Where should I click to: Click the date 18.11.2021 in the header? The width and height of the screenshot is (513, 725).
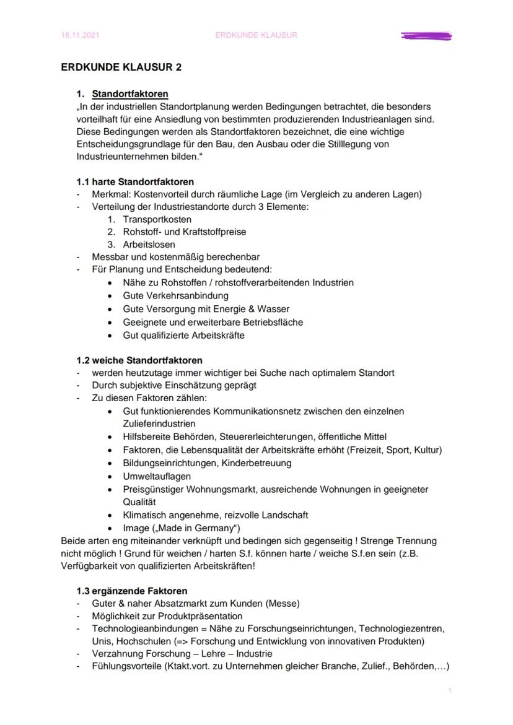[x=80, y=35]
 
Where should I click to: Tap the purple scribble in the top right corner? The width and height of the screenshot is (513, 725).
[x=426, y=36]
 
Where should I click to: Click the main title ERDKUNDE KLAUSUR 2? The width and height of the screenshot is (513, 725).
[x=121, y=67]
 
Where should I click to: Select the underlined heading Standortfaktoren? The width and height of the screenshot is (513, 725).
[x=130, y=94]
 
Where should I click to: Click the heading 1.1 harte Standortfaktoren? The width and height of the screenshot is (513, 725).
[x=135, y=182]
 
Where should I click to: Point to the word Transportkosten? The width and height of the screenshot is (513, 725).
[x=157, y=219]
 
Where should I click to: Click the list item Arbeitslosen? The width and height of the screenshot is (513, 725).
[x=149, y=245]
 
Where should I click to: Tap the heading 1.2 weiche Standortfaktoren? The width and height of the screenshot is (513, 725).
[x=139, y=360]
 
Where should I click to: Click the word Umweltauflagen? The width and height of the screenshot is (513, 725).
[x=157, y=476]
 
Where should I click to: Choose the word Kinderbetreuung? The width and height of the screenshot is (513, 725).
[x=254, y=462]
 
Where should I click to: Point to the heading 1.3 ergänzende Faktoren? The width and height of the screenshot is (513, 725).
[x=131, y=591]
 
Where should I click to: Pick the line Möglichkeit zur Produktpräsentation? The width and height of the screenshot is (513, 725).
[x=167, y=616]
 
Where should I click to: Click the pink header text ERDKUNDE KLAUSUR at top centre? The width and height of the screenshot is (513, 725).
[x=256, y=35]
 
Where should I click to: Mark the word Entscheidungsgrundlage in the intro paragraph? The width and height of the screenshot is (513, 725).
[x=117, y=144]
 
